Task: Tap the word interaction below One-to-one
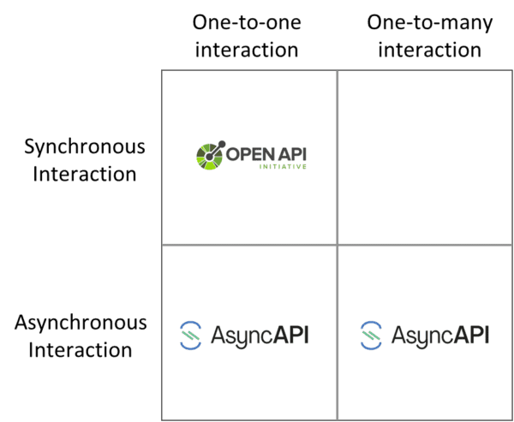click(x=247, y=50)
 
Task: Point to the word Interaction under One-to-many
click(x=429, y=50)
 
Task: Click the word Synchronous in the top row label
click(x=85, y=146)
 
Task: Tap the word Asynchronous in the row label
click(x=81, y=324)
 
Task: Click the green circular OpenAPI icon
click(x=210, y=156)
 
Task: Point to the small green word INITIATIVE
click(x=284, y=169)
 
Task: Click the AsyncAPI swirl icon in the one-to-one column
click(x=190, y=334)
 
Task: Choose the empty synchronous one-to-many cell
click(x=425, y=156)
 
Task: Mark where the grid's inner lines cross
click(x=337, y=245)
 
